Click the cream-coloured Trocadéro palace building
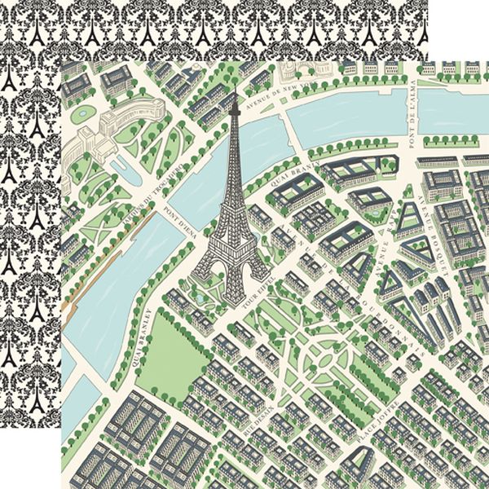[102, 130]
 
